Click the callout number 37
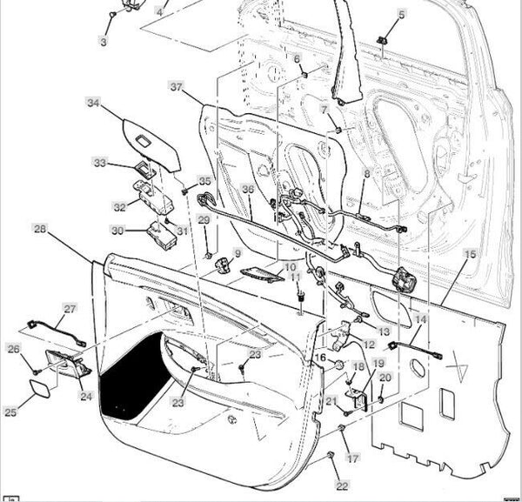pyautogui.click(x=177, y=87)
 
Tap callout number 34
pyautogui.click(x=93, y=103)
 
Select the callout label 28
pyautogui.click(x=40, y=229)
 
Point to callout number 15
pyautogui.click(x=470, y=254)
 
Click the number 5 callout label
pyautogui.click(x=402, y=15)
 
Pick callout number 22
pyautogui.click(x=342, y=486)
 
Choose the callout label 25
pyautogui.click(x=10, y=412)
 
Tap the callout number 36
pyautogui.click(x=248, y=189)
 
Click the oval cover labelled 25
pyautogui.click(x=40, y=389)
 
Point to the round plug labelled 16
pyautogui.click(x=339, y=365)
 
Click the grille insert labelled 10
pyautogui.click(x=262, y=275)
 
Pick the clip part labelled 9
pyautogui.click(x=224, y=264)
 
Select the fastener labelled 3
pyautogui.click(x=113, y=15)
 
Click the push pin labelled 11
pyautogui.click(x=301, y=296)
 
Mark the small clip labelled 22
pyautogui.click(x=331, y=455)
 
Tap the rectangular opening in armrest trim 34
pyautogui.click(x=144, y=141)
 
